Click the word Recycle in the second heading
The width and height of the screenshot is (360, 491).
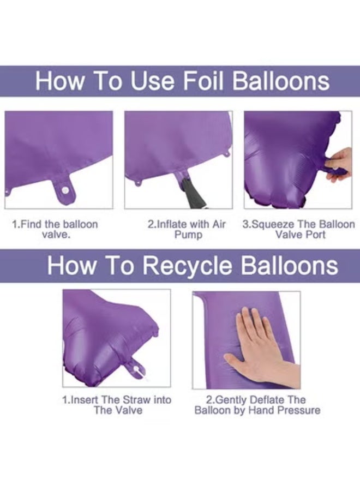(x=188, y=266)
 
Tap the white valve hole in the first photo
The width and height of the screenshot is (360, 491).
(x=65, y=190)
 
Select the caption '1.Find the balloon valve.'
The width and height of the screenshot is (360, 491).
(x=55, y=229)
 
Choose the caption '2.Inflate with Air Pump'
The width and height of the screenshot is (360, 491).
(x=187, y=229)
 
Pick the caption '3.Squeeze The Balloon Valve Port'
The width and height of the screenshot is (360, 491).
(x=299, y=229)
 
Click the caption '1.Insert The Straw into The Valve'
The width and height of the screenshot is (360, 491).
(x=117, y=405)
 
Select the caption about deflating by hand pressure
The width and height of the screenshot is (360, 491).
(x=257, y=405)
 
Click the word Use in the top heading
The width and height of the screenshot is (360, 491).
(x=152, y=81)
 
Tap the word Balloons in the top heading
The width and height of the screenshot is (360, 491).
(x=281, y=81)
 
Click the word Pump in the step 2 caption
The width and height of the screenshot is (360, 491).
(x=188, y=235)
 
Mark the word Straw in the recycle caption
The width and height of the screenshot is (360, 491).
(x=136, y=400)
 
